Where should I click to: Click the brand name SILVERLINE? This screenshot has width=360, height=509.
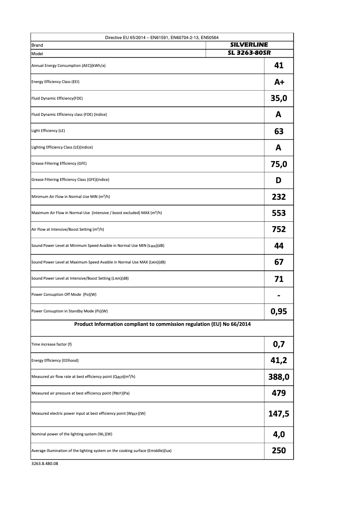[249, 45]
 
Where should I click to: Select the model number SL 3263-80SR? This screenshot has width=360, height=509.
[249, 53]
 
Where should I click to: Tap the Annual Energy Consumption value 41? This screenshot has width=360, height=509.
[279, 66]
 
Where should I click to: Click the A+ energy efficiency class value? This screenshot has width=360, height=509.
[279, 82]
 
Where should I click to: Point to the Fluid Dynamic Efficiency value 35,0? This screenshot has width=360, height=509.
[279, 98]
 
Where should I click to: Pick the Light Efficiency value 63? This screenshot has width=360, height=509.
[279, 131]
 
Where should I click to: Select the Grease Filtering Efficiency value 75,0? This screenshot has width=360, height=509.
[279, 164]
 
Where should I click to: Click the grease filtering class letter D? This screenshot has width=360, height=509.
[279, 180]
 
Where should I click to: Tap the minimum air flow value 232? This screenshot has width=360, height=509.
[279, 197]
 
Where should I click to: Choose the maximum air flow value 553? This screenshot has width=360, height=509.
[279, 213]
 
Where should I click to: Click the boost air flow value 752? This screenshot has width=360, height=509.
[279, 229]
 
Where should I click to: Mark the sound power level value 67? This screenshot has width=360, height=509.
[279, 262]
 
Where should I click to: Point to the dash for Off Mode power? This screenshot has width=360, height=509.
[279, 295]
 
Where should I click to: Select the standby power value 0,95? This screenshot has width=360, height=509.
[279, 312]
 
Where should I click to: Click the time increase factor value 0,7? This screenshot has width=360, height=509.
[279, 345]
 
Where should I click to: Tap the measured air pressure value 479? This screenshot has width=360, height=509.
[279, 393]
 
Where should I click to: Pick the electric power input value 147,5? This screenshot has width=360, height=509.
[279, 413]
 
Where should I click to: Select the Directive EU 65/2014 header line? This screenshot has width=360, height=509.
[162, 37]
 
